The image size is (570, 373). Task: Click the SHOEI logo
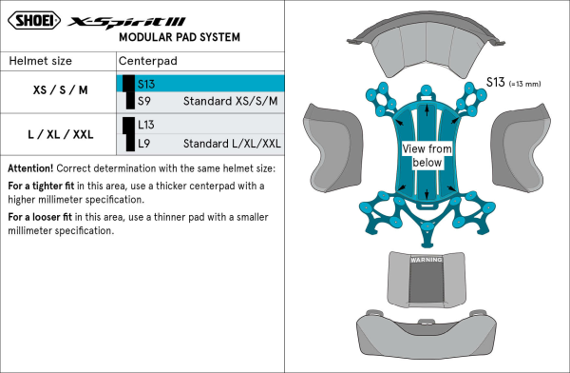click(34, 20)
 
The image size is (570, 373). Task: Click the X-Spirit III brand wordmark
click(127, 23)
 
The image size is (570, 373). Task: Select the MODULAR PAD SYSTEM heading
click(180, 37)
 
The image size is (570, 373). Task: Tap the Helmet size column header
click(40, 61)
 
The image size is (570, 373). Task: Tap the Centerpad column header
click(148, 61)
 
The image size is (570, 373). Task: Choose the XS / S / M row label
click(61, 90)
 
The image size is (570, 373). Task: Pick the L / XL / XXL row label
click(61, 134)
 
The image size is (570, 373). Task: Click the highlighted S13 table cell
click(200, 84)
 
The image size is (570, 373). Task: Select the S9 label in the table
click(144, 101)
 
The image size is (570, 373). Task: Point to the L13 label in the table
click(146, 125)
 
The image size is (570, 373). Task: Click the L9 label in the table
click(144, 144)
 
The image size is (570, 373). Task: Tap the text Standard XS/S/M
click(231, 101)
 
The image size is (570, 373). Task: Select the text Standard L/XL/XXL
click(232, 144)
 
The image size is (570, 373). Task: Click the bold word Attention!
click(30, 168)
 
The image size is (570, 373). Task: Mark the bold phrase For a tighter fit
click(41, 186)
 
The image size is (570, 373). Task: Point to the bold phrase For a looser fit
click(40, 217)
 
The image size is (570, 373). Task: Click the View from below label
click(427, 155)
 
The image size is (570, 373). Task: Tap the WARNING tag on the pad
click(427, 260)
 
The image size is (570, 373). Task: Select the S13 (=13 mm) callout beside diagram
click(513, 83)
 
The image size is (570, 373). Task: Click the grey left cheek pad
click(332, 147)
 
